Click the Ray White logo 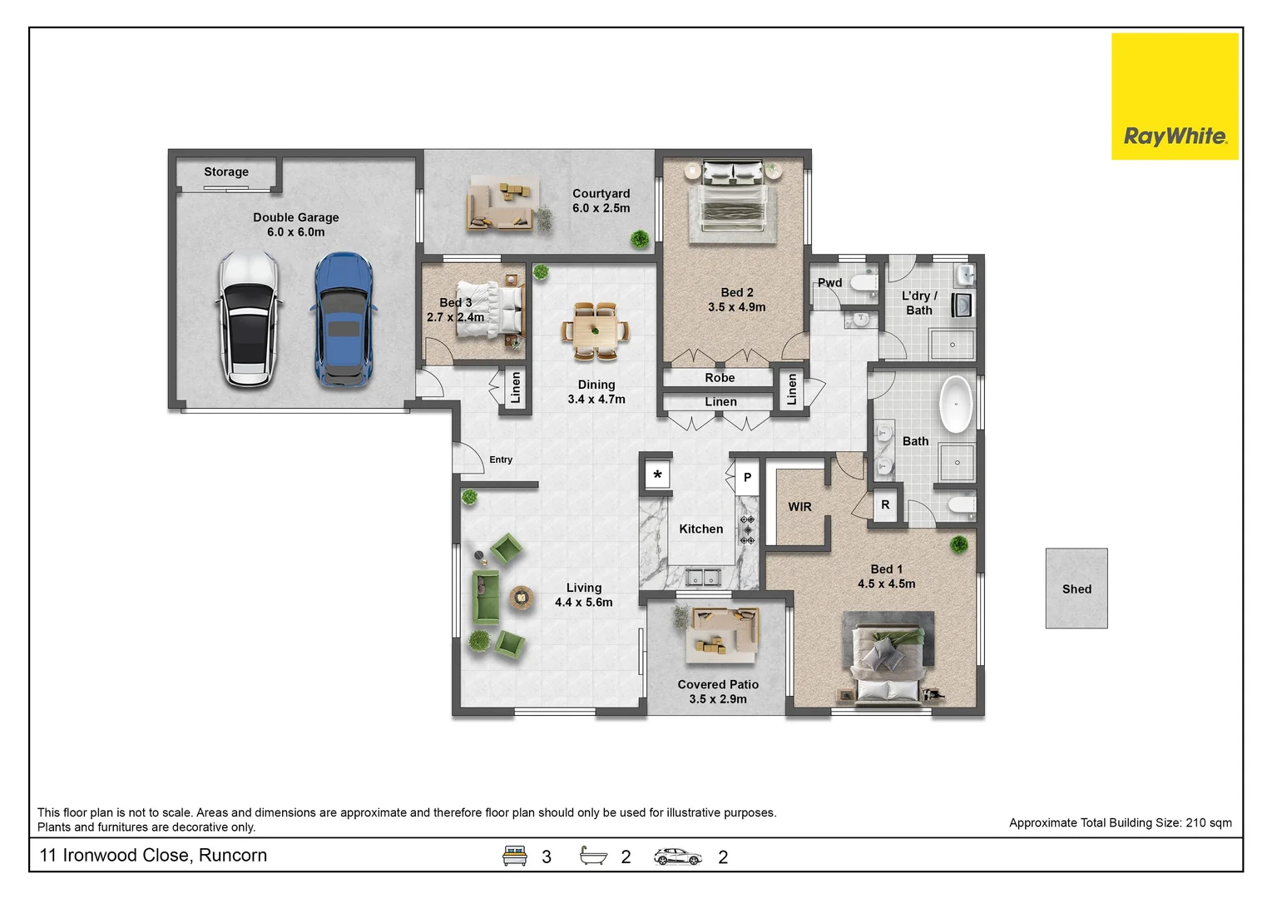pyautogui.click(x=1174, y=97)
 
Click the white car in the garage pyautogui.click(x=248, y=320)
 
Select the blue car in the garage pyautogui.click(x=343, y=320)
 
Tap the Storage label pyautogui.click(x=226, y=172)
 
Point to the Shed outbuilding pyautogui.click(x=1076, y=588)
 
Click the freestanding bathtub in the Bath pyautogui.click(x=956, y=404)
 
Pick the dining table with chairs pyautogui.click(x=595, y=330)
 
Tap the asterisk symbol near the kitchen pyautogui.click(x=657, y=475)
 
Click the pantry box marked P pyautogui.click(x=747, y=478)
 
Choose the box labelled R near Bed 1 pyautogui.click(x=885, y=505)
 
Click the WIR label pyautogui.click(x=799, y=507)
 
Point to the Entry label pyautogui.click(x=501, y=459)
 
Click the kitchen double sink pyautogui.click(x=703, y=576)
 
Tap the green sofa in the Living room pyautogui.click(x=485, y=597)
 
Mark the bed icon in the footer pyautogui.click(x=515, y=856)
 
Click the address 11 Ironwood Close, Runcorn pyautogui.click(x=154, y=856)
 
